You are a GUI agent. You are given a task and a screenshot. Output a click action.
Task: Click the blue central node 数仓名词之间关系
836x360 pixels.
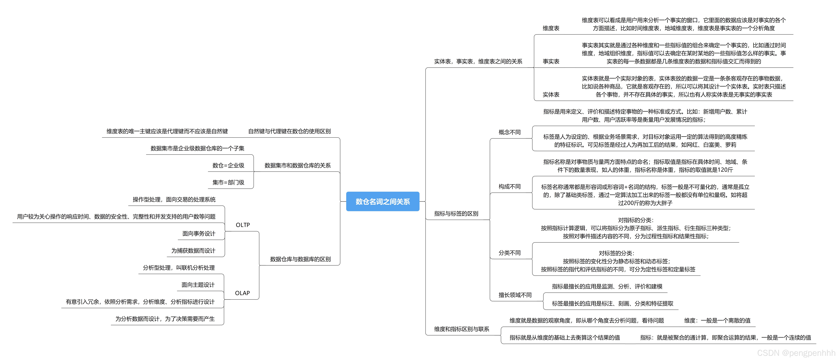(x=383, y=202)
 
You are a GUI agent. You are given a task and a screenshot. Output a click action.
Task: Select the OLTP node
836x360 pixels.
(x=243, y=225)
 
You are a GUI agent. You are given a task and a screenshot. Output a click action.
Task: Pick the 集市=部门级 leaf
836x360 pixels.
(x=228, y=182)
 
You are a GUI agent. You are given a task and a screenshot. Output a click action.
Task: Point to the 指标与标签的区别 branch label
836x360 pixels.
(x=456, y=214)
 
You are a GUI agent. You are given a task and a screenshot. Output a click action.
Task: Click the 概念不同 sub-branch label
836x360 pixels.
(x=510, y=132)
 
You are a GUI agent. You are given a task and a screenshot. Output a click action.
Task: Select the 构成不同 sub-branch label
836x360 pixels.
(x=510, y=187)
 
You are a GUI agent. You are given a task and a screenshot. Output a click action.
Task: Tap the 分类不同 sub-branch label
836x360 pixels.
(x=510, y=253)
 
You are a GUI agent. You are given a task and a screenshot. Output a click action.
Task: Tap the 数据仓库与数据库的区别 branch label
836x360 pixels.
(x=300, y=259)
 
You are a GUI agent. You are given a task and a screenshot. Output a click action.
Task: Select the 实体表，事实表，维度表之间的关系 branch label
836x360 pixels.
(x=478, y=61)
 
